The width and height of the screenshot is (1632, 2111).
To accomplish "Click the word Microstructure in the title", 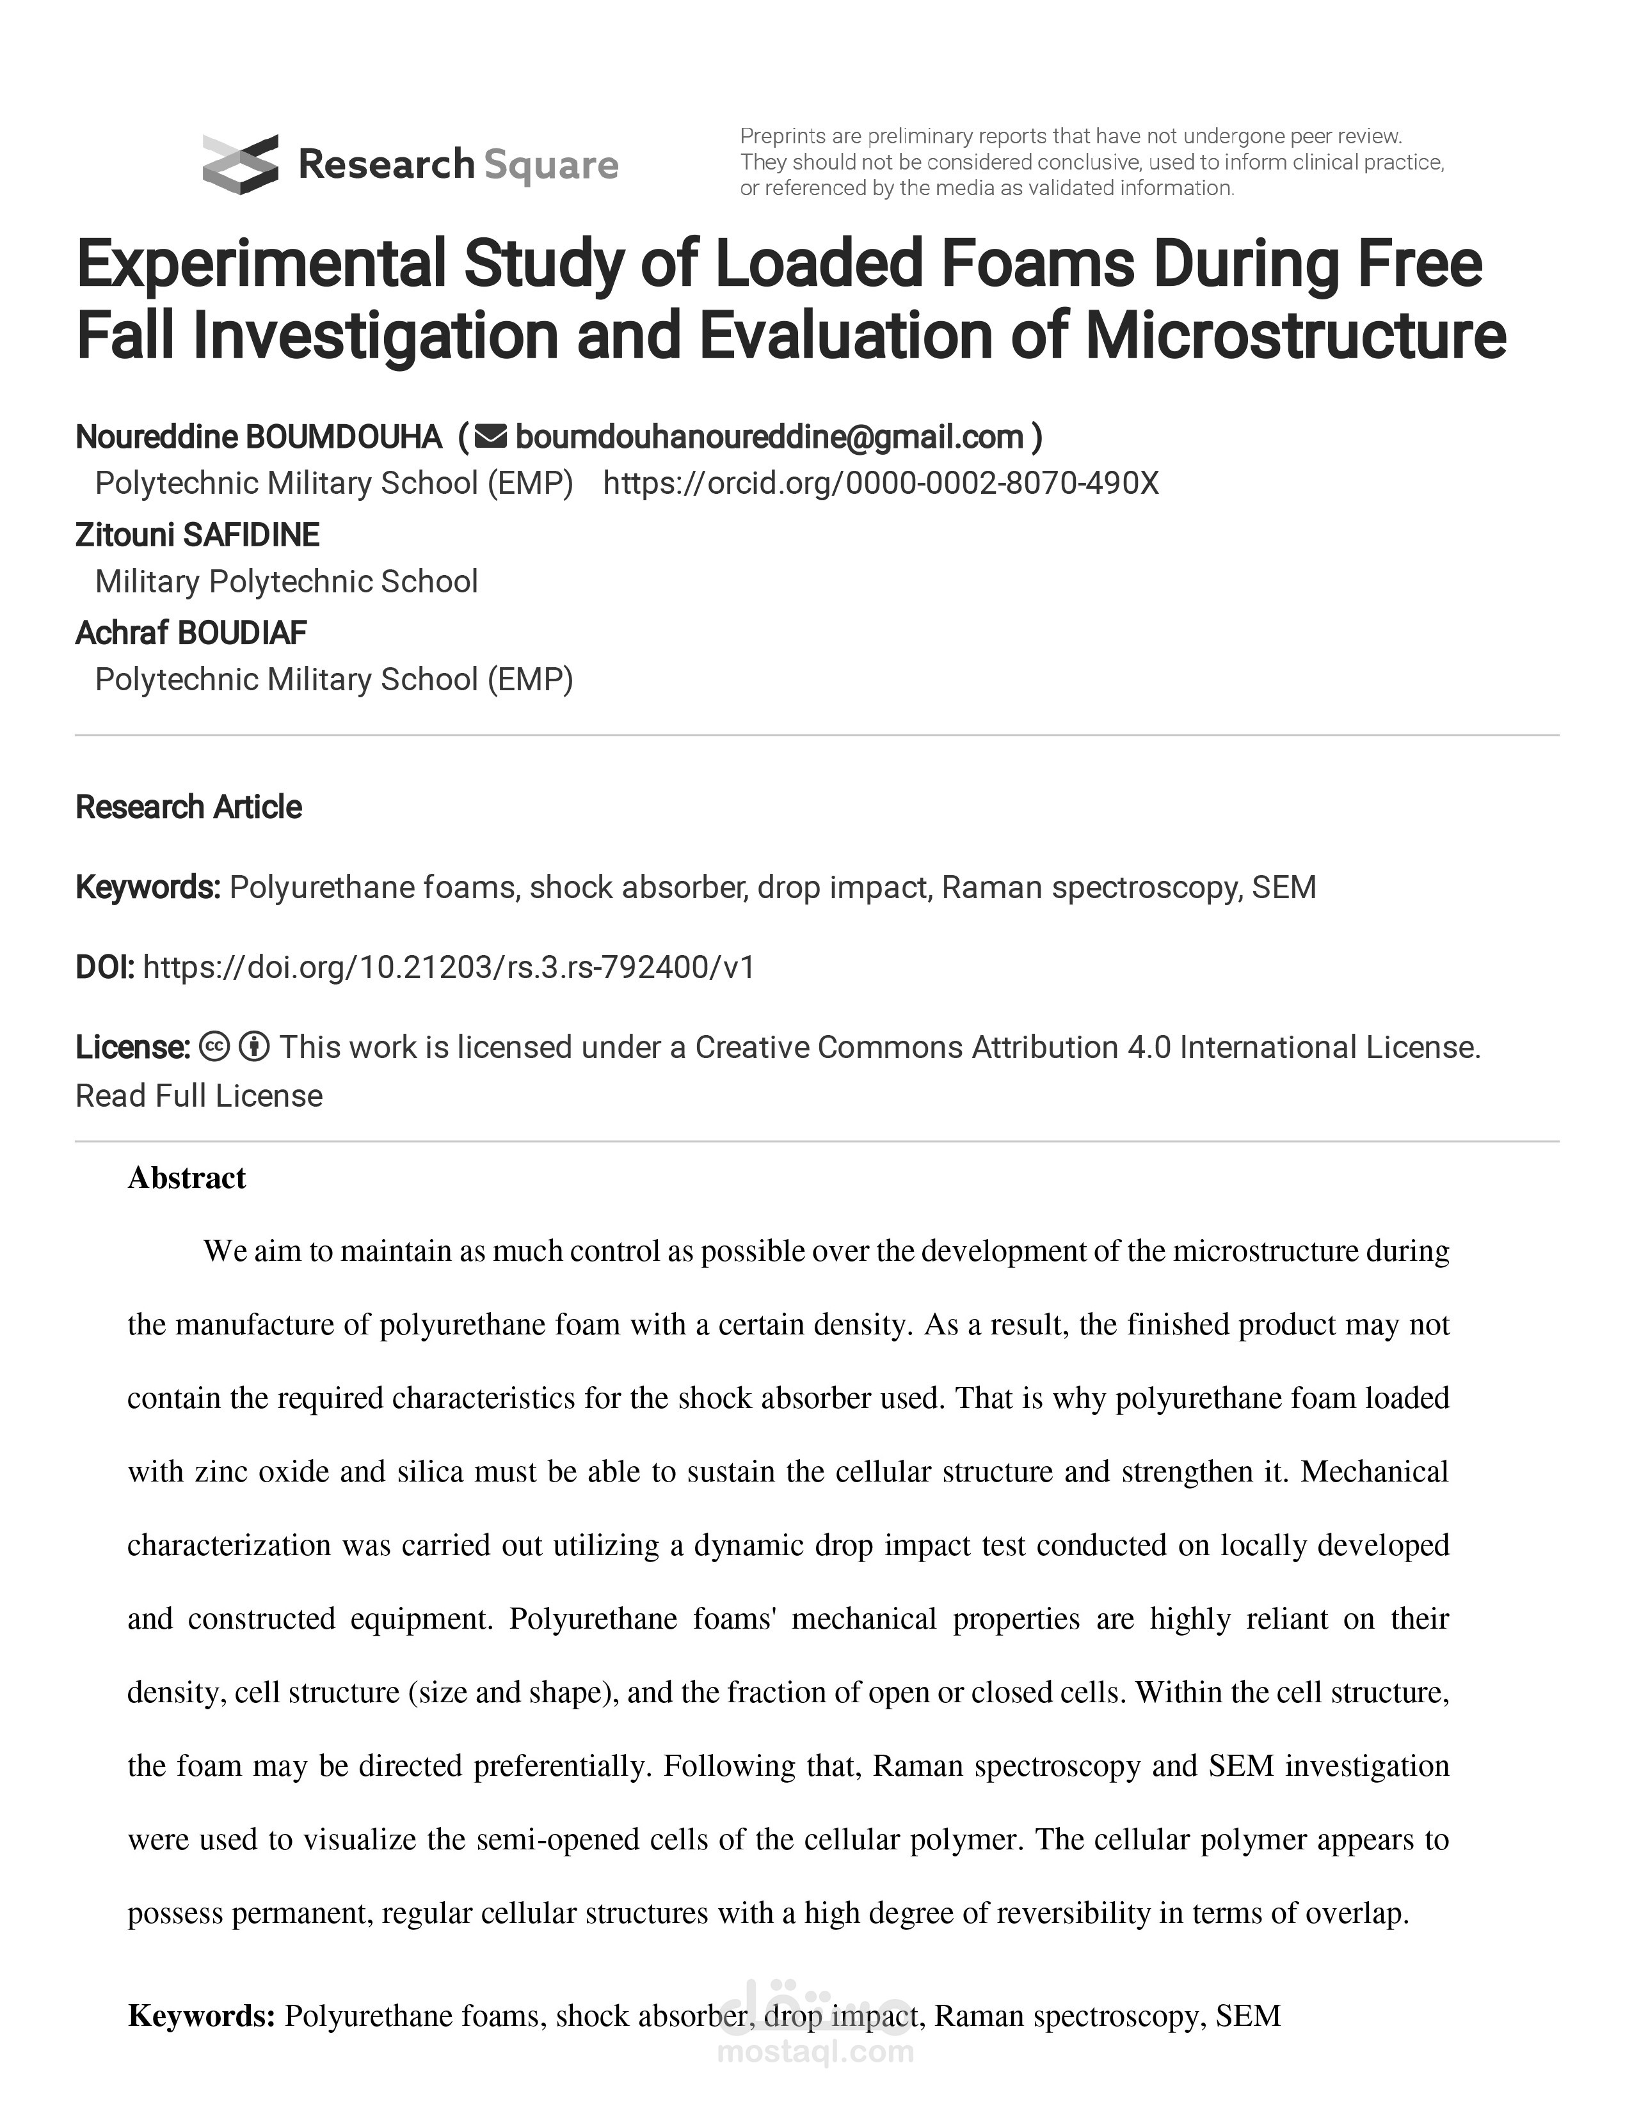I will pos(1295,336).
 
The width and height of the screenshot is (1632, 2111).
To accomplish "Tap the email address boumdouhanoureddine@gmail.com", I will pos(769,438).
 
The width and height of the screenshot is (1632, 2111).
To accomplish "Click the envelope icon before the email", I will pos(491,438).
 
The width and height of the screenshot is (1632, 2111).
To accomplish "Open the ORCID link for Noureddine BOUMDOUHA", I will pos(881,483).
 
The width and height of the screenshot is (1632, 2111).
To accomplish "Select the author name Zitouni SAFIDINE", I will pos(197,535).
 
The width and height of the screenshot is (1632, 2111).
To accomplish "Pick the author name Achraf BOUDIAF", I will pos(191,634).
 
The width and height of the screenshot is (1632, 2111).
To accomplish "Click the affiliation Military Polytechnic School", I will pos(286,582).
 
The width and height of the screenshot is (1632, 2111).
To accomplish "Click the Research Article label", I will pos(189,807).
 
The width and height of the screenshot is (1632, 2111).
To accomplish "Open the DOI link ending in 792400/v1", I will pos(449,967).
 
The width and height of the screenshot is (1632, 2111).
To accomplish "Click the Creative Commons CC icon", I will pos(214,1047).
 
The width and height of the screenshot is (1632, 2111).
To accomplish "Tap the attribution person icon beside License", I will pos(253,1047).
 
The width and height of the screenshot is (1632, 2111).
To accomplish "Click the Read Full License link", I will pos(199,1096).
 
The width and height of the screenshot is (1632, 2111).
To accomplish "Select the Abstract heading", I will pos(187,1178).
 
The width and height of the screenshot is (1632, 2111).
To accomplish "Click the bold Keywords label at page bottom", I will pos(202,2016).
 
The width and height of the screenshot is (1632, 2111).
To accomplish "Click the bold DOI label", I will pos(104,967).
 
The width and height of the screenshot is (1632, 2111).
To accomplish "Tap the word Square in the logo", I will pos(550,165).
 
